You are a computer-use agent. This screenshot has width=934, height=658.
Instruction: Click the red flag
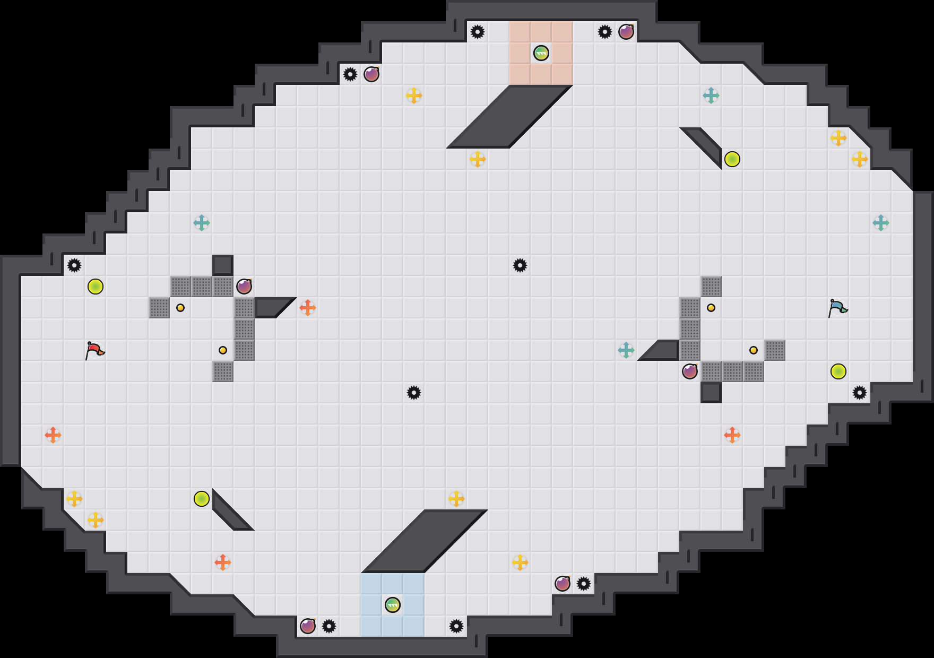(x=94, y=350)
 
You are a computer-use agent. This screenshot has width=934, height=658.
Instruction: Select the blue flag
(x=837, y=308)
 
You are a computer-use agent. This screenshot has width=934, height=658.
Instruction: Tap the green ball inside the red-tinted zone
(x=541, y=53)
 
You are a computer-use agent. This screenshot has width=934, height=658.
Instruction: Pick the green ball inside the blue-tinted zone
(x=393, y=605)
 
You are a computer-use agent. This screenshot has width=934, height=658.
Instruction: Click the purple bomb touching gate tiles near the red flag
(x=244, y=287)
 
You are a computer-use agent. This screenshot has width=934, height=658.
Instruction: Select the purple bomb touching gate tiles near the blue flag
(x=690, y=371)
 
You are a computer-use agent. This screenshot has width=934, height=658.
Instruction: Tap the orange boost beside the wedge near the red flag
(x=308, y=308)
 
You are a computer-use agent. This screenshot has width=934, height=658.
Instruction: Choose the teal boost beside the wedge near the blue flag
(x=626, y=350)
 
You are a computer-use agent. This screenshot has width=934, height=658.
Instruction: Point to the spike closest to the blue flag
(x=860, y=393)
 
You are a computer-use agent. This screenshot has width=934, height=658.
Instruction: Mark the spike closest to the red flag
(x=74, y=265)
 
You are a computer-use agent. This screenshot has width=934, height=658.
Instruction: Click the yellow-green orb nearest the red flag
(x=96, y=287)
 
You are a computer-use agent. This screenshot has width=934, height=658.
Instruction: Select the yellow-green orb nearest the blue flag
(x=838, y=371)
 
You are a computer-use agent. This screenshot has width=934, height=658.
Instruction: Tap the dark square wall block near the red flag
(x=223, y=265)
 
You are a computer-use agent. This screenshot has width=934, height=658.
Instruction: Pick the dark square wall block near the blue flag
(x=711, y=393)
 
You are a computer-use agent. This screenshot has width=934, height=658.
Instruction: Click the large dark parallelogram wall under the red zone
(x=509, y=117)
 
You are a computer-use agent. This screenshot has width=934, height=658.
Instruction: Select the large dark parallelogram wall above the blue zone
(x=425, y=541)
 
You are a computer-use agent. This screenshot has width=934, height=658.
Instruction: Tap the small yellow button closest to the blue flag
(x=754, y=350)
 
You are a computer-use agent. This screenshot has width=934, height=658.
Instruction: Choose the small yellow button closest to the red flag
(x=180, y=308)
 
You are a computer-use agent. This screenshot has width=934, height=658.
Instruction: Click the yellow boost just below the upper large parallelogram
(x=478, y=159)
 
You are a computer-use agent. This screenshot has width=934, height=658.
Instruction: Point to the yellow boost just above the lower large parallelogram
(x=456, y=499)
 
